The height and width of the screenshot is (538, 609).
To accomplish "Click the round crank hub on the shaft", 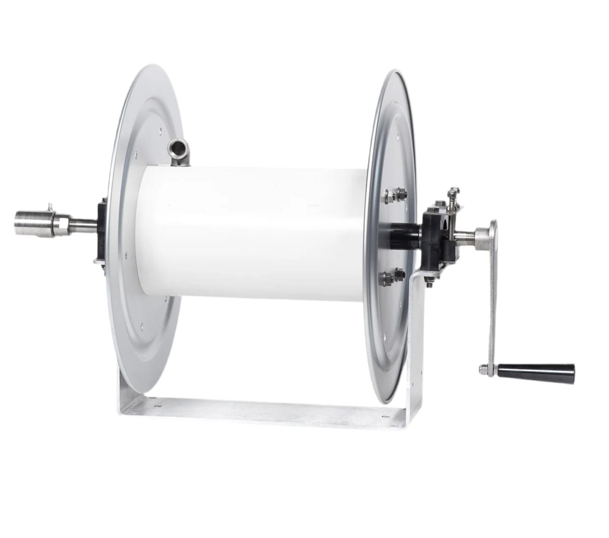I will [484, 235].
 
